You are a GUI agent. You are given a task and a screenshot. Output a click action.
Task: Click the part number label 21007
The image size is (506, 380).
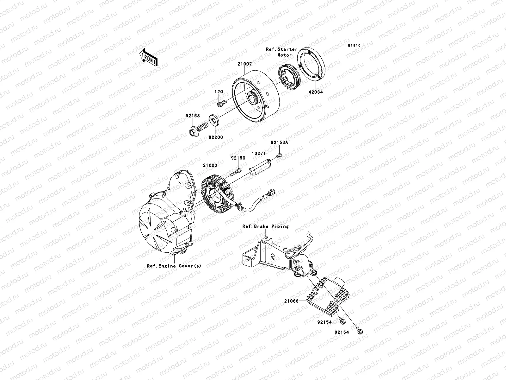coord(245,64)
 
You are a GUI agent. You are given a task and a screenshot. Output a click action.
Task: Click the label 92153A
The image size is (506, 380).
coord(279,143)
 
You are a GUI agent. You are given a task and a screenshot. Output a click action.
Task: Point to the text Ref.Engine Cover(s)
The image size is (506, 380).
coord(174,266)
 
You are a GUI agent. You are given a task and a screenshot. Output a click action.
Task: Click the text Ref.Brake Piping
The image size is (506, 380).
coord(265,226)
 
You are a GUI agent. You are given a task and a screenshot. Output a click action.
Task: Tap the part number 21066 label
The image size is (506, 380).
coord(292,301)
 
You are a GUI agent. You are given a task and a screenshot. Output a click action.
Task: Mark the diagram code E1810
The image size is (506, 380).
coord(354,46)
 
